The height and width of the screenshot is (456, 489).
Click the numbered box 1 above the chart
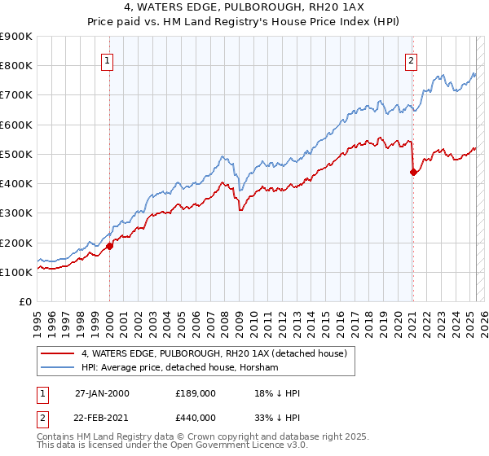(x=108, y=59)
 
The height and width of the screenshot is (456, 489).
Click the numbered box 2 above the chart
(x=412, y=59)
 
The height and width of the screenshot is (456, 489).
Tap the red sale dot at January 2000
(x=109, y=246)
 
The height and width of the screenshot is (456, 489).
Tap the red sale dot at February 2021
(x=413, y=172)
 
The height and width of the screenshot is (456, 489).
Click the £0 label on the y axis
(x=24, y=302)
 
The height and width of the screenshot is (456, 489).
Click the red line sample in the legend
(x=56, y=353)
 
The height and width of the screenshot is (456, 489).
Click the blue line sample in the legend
(x=56, y=368)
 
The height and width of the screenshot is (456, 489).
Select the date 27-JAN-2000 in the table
(x=102, y=393)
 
